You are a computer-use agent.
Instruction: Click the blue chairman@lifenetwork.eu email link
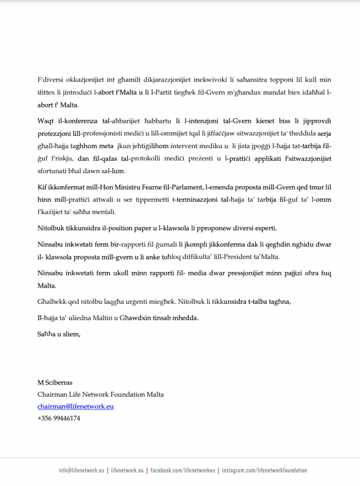pos(76,407)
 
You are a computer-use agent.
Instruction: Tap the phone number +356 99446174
pos(59,419)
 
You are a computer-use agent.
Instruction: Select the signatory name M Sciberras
pos(56,383)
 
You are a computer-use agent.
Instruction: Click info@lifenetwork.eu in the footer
pos(81,471)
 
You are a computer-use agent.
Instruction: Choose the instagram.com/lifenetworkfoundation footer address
pos(264,471)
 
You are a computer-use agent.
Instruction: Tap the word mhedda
pos(187,318)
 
